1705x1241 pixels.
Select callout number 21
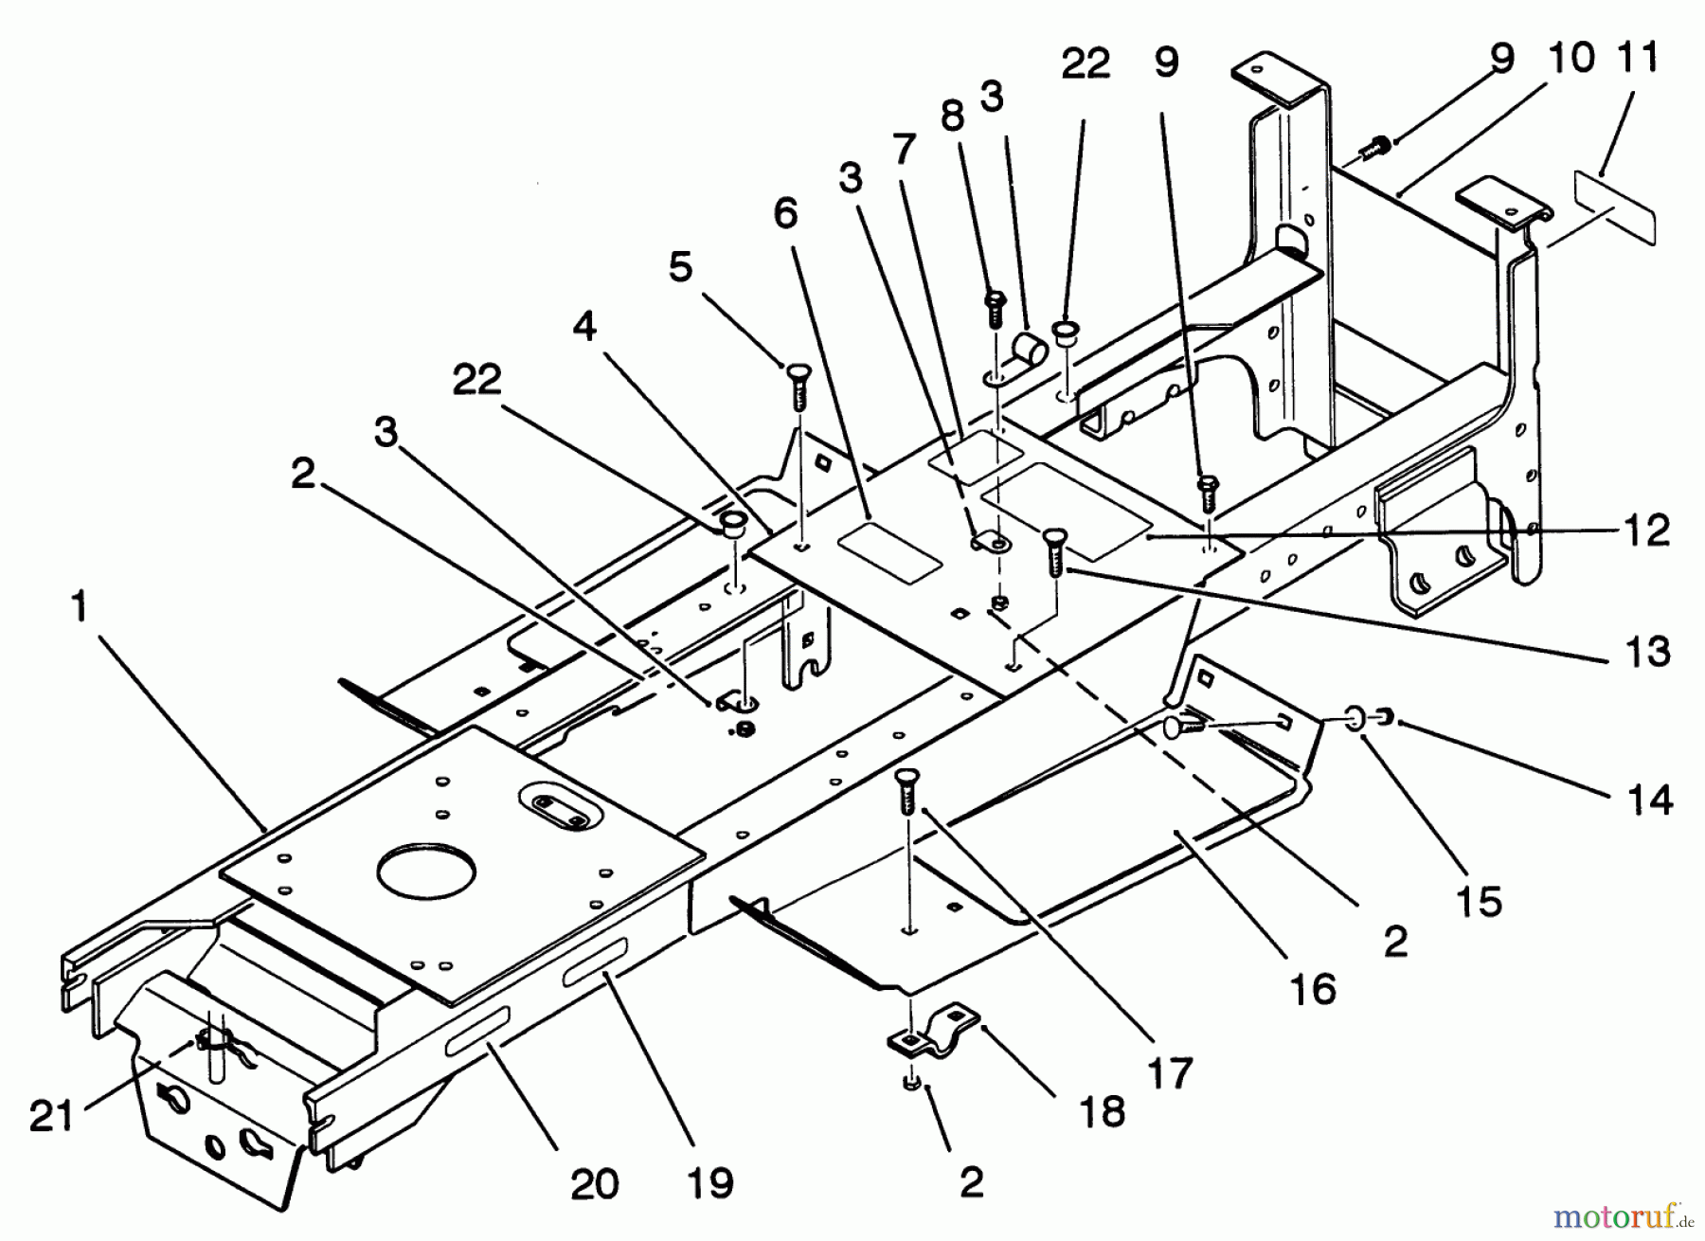click(49, 1115)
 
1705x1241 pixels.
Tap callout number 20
click(594, 1183)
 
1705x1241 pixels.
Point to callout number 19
click(709, 1181)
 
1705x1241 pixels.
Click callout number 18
click(1102, 1110)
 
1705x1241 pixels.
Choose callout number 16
click(1313, 989)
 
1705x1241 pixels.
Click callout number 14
click(1650, 800)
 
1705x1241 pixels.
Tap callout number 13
click(1647, 652)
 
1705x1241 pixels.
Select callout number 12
click(1647, 531)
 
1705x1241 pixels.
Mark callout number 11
click(1638, 59)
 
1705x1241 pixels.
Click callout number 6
click(785, 214)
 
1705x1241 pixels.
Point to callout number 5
click(680, 267)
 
